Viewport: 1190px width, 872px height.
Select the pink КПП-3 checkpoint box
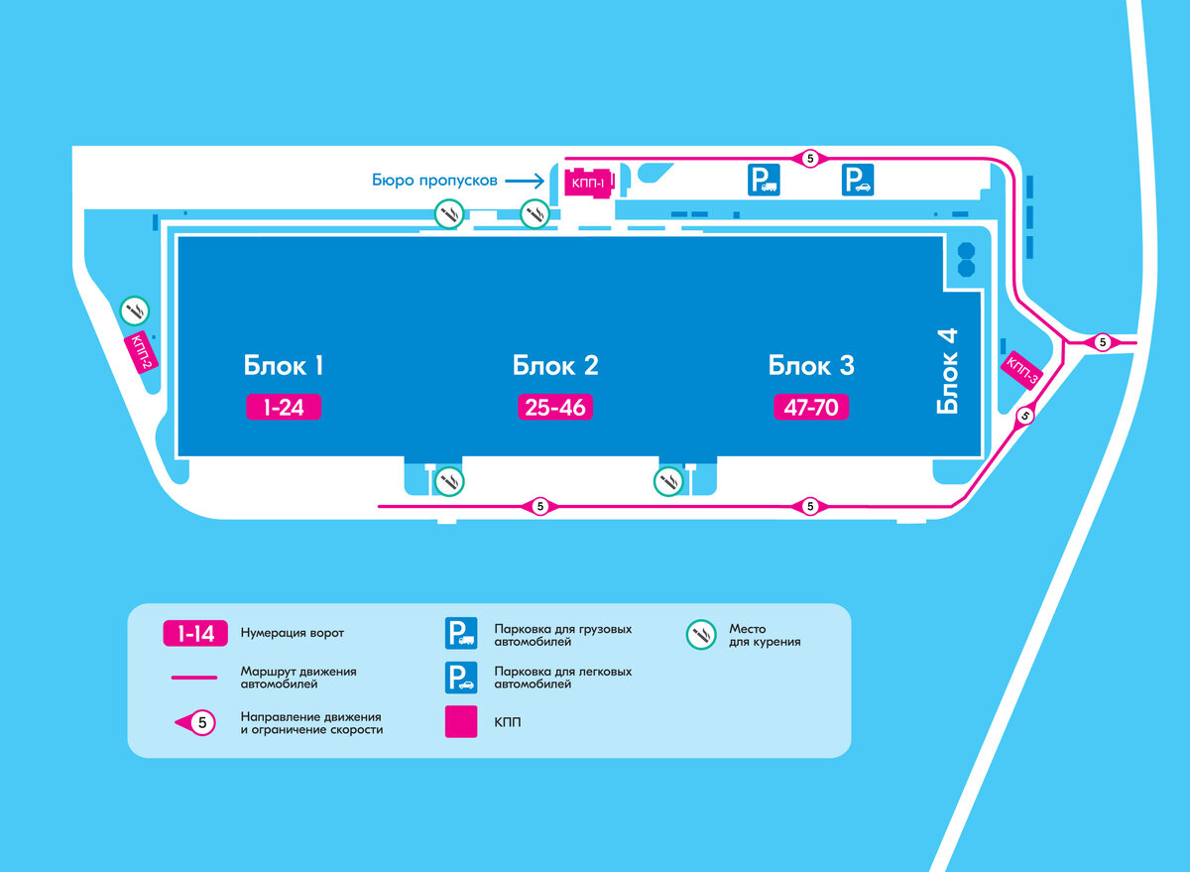click(x=1022, y=370)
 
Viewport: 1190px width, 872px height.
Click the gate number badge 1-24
click(x=284, y=407)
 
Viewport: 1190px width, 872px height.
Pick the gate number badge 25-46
click(x=555, y=407)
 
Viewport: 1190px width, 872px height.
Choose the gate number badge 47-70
click(x=811, y=407)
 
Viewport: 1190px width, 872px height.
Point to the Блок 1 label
click(x=284, y=365)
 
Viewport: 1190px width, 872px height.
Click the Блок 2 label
click(x=555, y=365)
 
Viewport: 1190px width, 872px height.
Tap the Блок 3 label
click(x=811, y=365)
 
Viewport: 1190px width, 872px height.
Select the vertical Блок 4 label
click(x=948, y=371)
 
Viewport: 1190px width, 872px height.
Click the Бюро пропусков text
click(x=435, y=181)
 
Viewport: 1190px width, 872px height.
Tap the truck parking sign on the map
click(x=764, y=180)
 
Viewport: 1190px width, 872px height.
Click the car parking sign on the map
click(x=858, y=180)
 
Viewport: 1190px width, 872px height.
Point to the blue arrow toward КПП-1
click(x=524, y=181)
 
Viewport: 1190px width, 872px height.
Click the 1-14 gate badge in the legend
click(x=195, y=633)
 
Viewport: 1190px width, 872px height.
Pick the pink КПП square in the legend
click(x=461, y=721)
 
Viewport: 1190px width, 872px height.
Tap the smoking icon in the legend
click(x=702, y=634)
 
